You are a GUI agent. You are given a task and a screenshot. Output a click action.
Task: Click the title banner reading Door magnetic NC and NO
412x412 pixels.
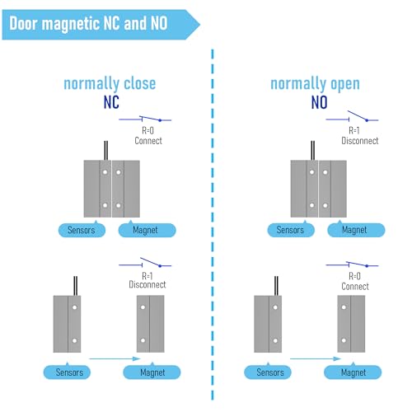[101, 25]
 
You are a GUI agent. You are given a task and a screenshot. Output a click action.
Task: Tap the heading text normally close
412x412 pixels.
[110, 84]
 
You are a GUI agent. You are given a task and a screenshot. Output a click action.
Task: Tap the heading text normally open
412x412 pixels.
[315, 84]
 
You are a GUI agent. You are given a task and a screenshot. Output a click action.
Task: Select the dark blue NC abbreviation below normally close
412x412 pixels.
[111, 102]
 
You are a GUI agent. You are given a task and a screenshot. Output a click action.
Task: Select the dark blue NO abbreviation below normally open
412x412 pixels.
[319, 102]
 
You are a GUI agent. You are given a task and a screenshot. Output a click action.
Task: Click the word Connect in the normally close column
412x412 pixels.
[148, 141]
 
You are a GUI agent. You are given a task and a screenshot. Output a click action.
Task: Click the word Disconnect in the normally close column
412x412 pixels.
[147, 284]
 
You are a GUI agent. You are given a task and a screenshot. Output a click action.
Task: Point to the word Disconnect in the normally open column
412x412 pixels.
[360, 141]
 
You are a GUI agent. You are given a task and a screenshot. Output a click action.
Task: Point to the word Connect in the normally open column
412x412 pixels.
[355, 287]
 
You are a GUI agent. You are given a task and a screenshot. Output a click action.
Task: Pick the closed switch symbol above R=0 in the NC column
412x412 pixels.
[145, 119]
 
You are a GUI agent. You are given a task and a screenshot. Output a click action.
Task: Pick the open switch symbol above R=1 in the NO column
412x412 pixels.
[352, 116]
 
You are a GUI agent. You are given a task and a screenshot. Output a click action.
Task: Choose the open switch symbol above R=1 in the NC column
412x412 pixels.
[145, 263]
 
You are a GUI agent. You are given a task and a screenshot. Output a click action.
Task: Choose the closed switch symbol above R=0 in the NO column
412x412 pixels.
[352, 265]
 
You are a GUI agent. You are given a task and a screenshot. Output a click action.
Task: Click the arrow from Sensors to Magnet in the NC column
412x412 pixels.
[115, 358]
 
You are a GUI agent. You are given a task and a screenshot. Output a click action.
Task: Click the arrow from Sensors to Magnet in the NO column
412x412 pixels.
[316, 358]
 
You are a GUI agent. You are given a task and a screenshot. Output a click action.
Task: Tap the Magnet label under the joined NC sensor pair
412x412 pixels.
[147, 230]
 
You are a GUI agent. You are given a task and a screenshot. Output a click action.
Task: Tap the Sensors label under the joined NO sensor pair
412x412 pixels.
[291, 230]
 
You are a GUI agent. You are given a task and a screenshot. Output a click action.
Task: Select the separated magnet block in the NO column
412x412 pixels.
[351, 324]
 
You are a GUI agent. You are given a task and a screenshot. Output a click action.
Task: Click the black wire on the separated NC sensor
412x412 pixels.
[76, 286]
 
